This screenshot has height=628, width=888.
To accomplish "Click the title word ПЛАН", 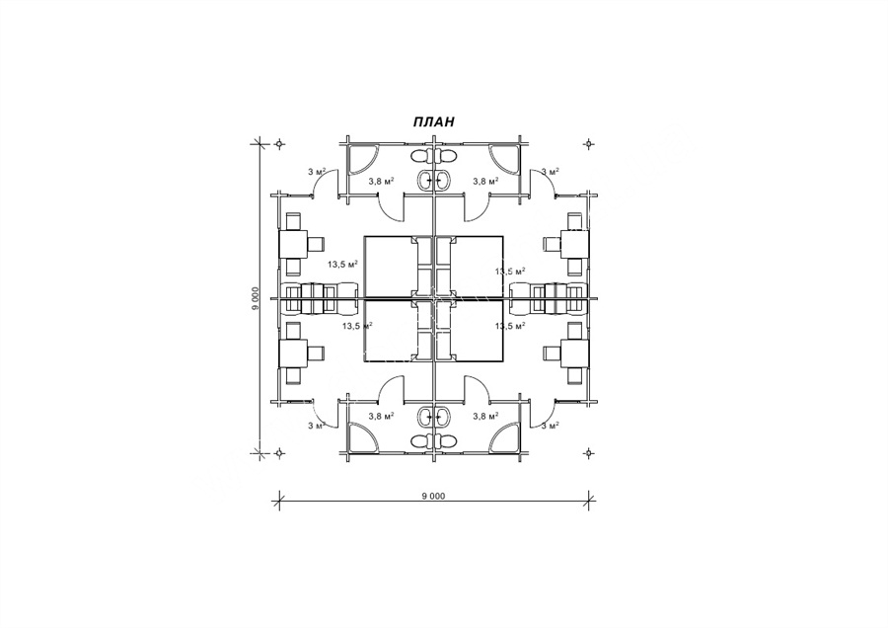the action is coord(433,121).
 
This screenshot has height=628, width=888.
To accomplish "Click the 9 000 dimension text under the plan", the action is coord(434,496).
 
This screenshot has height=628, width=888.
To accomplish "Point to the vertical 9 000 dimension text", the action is coord(256,299).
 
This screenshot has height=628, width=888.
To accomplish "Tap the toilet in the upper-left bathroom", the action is coord(419,156).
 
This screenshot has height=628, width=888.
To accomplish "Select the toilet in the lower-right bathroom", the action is coord(447,440).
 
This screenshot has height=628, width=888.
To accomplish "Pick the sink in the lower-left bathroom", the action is coord(424,417).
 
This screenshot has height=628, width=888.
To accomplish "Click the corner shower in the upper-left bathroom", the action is coord(362,159).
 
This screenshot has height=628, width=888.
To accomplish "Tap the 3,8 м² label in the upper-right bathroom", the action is coord(485,181).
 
